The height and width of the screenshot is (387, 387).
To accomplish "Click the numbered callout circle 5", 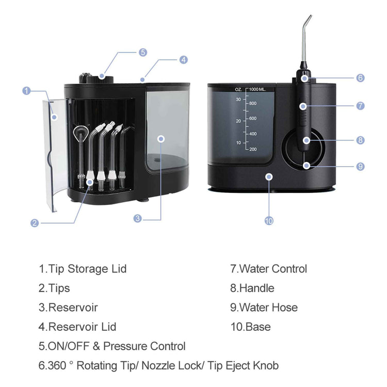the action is click(142, 52).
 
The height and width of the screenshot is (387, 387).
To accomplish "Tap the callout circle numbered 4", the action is click(183, 60).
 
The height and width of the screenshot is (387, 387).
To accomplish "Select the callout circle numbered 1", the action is click(27, 91).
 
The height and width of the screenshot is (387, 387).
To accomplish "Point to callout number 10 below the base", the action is click(269, 220).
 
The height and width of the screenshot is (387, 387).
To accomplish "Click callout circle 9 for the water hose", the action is click(360, 166).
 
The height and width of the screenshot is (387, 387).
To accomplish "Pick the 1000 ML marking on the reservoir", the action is click(257, 89).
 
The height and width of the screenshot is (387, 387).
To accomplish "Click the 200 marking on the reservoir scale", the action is click(253, 149).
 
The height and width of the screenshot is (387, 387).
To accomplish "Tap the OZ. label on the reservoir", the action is click(238, 89).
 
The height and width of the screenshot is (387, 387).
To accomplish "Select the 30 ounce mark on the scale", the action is click(238, 100).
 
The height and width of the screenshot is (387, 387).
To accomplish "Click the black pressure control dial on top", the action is click(96, 78).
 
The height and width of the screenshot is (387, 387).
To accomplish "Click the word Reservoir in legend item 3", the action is click(73, 308).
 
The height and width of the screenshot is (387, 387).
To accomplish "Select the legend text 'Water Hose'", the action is click(268, 308).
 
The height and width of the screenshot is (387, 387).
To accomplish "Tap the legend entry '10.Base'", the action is click(250, 327).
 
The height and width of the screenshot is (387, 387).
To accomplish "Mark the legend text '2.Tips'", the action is click(54, 288).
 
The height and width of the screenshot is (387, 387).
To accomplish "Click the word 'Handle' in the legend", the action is click(256, 288).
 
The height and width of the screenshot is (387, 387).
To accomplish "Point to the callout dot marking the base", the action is click(269, 176).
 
